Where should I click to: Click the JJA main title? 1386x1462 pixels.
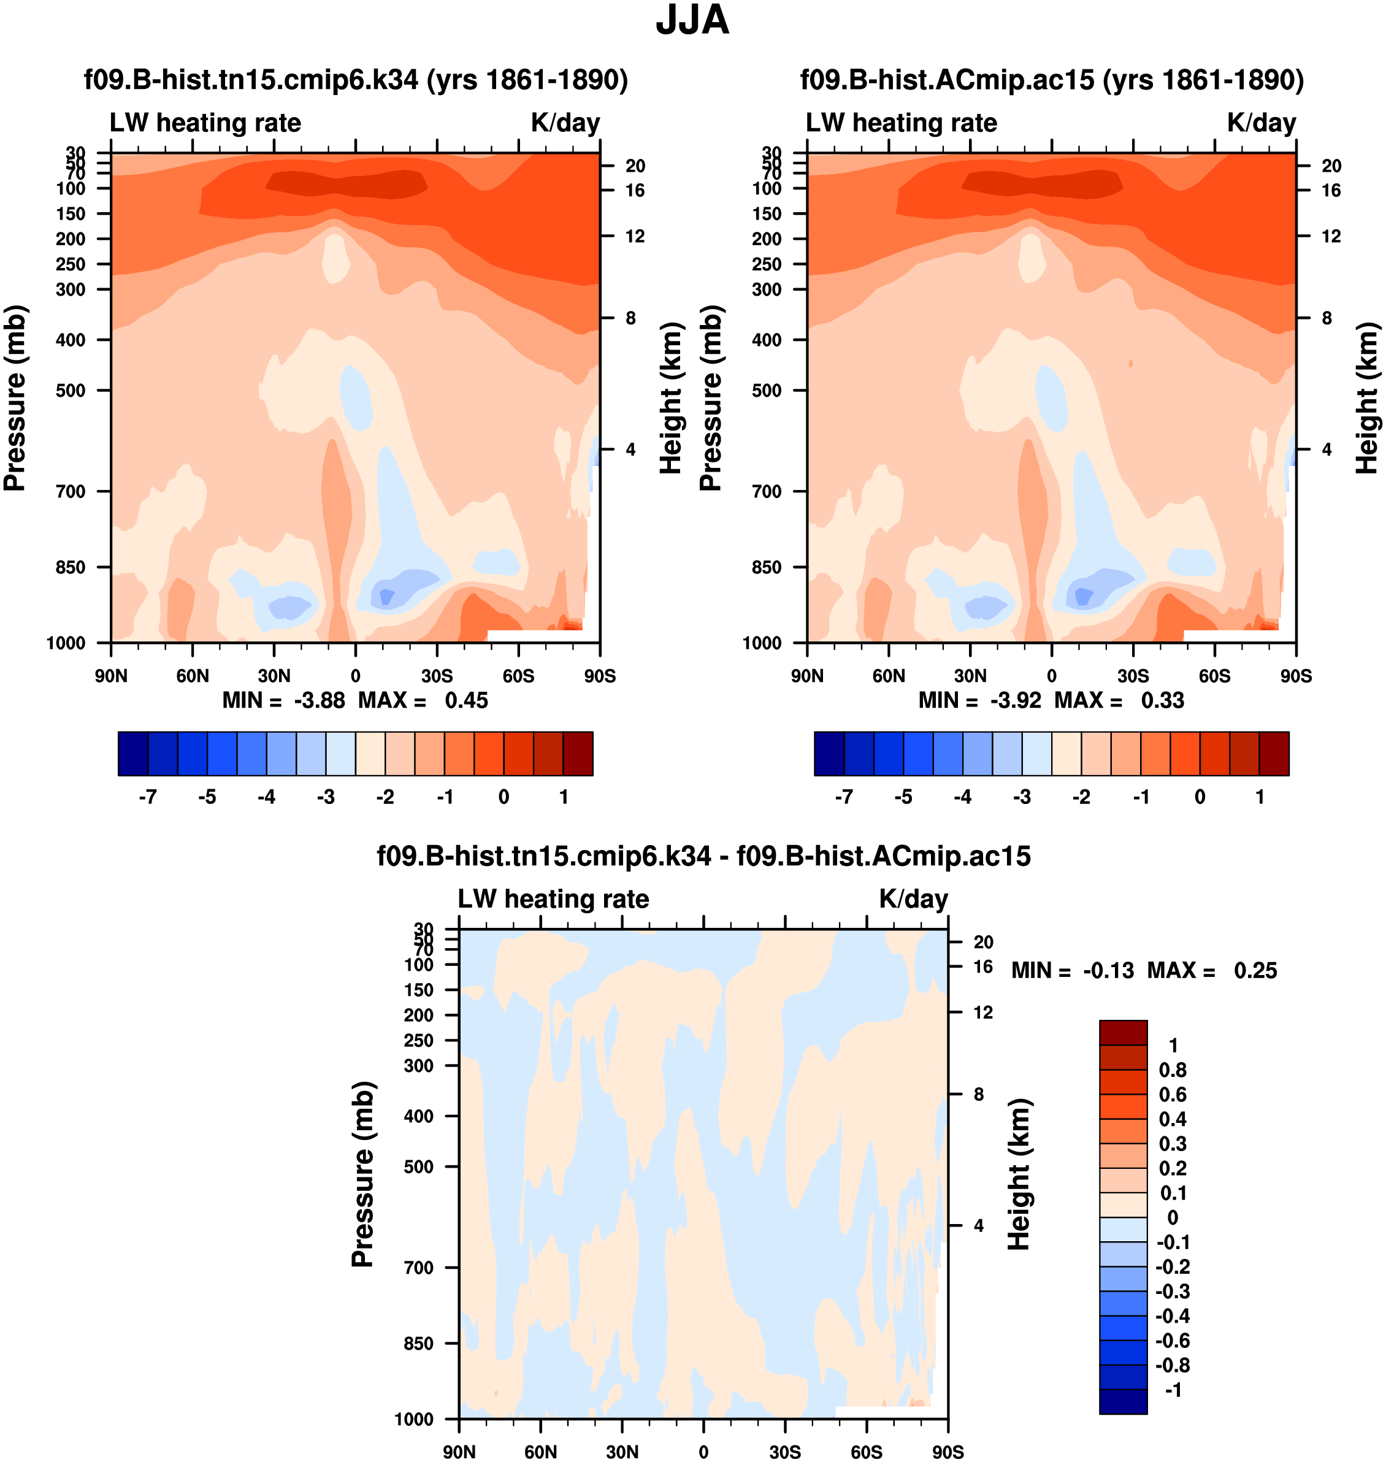pos(692,21)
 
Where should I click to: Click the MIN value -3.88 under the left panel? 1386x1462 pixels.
pos(319,700)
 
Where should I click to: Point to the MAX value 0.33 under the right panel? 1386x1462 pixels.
pos(1162,700)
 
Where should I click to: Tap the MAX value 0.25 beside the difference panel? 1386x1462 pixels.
pos(1255,971)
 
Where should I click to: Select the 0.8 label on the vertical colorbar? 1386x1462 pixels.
pos(1173,1070)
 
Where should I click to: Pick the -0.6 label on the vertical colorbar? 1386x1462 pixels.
pos(1173,1341)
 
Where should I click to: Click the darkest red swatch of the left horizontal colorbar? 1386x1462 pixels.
pos(578,754)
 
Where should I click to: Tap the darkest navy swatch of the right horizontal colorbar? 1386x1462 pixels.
pos(829,754)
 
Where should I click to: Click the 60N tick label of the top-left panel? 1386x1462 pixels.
pos(193,676)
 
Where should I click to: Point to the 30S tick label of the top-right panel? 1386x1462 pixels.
pos(1133,676)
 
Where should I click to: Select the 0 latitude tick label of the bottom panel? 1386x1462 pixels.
pos(703,1452)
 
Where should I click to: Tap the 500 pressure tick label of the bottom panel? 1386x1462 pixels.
pos(418,1166)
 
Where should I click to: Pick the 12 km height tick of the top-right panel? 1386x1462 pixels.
pos(1331,236)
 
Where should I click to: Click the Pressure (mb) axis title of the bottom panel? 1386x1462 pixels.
pos(363,1174)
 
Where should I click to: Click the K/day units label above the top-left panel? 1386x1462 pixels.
pos(565,123)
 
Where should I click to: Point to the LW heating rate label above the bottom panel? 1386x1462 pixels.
pos(553,898)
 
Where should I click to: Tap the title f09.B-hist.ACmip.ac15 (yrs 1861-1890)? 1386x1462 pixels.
pos(1052,80)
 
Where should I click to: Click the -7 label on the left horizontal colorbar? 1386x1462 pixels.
pos(148,797)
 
